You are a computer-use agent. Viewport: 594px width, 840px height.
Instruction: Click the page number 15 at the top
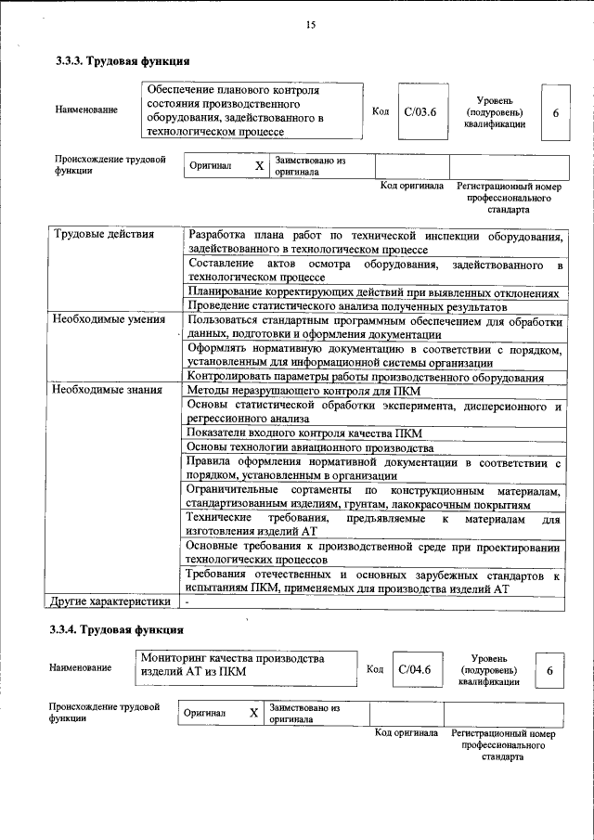(310, 25)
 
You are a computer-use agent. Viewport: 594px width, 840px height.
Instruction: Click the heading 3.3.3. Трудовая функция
(123, 61)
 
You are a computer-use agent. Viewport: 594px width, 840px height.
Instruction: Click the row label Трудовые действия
(104, 234)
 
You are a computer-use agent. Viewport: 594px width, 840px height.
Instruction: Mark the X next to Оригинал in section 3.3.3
(260, 166)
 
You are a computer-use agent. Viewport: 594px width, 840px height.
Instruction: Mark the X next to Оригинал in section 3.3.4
(253, 713)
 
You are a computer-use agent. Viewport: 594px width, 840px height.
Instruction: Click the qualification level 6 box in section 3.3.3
(555, 112)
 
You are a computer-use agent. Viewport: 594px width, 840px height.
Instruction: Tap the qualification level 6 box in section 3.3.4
(549, 670)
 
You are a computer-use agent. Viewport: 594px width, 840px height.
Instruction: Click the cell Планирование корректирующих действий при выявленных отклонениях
(373, 291)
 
